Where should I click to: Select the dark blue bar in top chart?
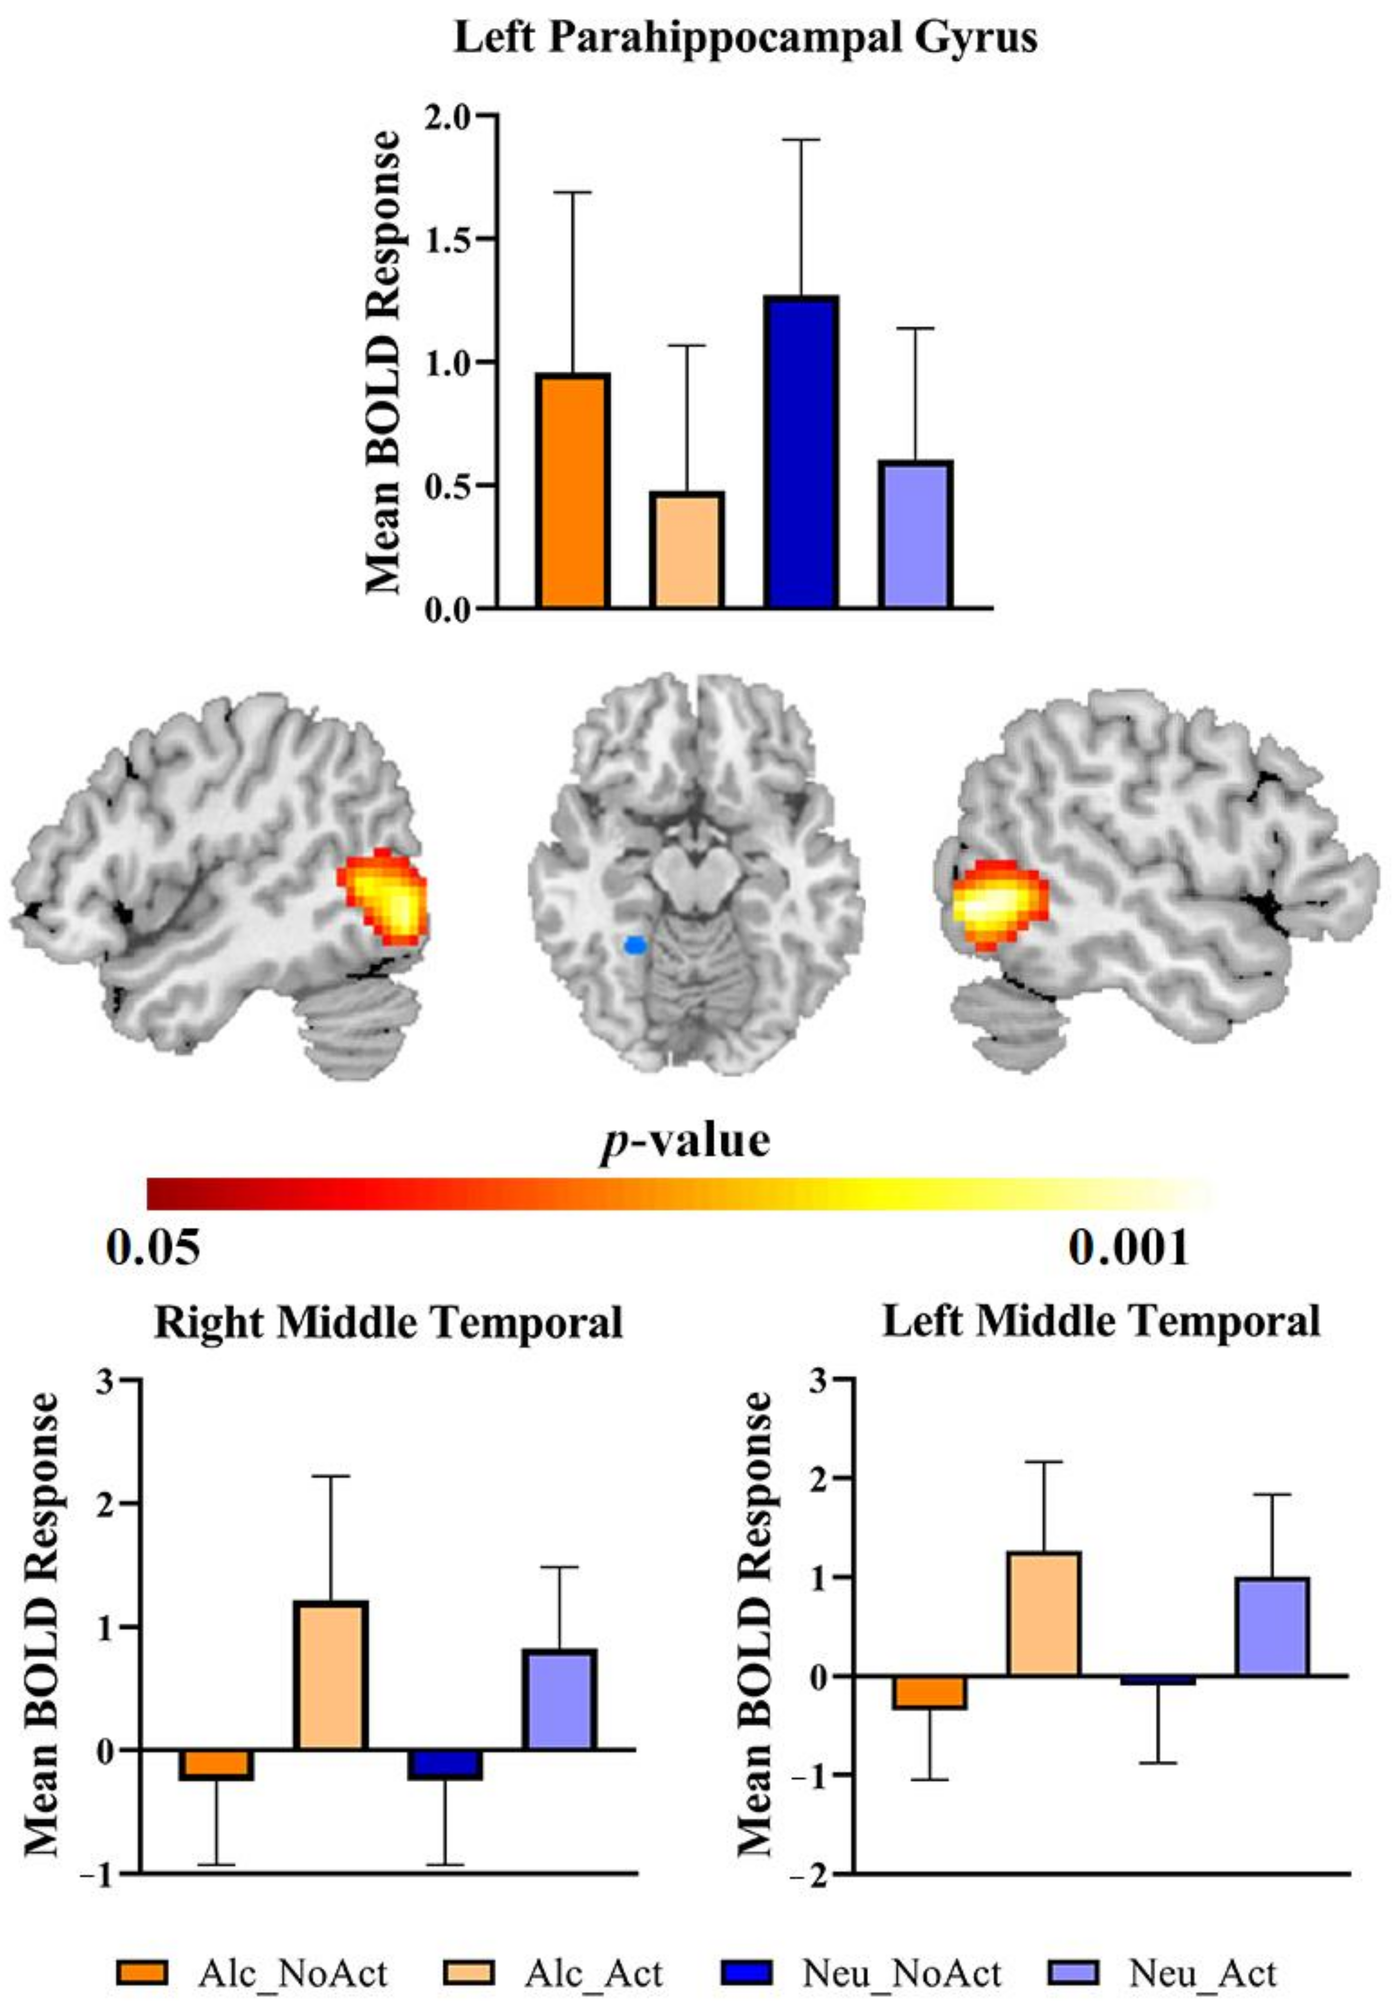click(x=801, y=451)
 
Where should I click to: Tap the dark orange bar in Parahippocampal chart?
click(x=573, y=490)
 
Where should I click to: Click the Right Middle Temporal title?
click(x=388, y=1322)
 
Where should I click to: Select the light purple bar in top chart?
click(x=915, y=535)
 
